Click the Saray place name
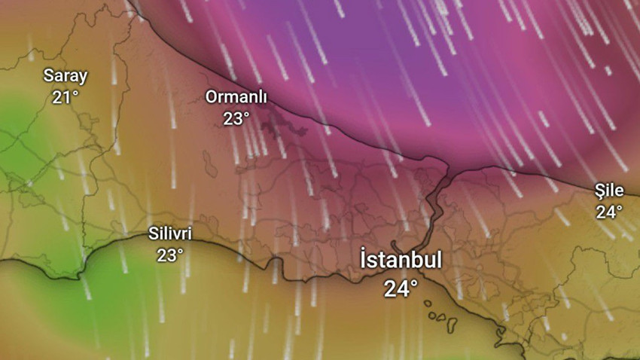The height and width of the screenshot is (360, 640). [x=66, y=76]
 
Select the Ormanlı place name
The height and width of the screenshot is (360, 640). [x=236, y=97]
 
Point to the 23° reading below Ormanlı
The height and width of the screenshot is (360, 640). [x=236, y=118]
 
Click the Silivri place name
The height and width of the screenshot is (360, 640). [x=170, y=234]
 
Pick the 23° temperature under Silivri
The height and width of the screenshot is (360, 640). [x=170, y=255]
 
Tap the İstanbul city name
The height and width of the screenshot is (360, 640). [x=401, y=261]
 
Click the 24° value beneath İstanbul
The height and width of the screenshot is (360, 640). [x=401, y=288]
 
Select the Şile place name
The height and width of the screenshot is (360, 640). [x=609, y=191]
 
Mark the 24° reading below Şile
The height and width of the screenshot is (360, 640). [x=609, y=212]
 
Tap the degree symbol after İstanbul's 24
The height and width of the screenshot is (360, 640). [x=415, y=282]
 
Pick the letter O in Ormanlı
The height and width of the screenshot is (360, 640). [x=212, y=97]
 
